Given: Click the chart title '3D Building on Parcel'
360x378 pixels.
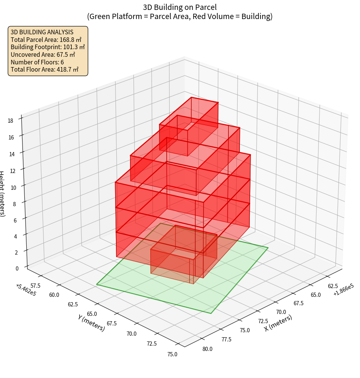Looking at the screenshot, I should (180, 7).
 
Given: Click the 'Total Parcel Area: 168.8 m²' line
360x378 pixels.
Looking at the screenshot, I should (46, 39).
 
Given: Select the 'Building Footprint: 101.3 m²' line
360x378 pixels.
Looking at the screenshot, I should (48, 47).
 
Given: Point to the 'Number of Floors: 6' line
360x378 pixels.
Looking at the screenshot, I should (37, 62).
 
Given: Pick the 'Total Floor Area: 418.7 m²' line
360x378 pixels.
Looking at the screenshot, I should (45, 69).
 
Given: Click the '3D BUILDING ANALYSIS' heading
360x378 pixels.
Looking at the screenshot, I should (42, 32).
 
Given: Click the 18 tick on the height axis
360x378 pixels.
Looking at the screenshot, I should (10, 121).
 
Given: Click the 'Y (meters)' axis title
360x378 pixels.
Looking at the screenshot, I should (91, 322).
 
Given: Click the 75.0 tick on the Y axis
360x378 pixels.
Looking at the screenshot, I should (172, 354).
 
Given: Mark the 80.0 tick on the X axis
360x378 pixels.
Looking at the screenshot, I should (207, 349).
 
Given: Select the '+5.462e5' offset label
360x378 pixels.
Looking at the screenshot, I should (26, 290).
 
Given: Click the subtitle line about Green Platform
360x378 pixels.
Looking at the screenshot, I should (180, 16).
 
